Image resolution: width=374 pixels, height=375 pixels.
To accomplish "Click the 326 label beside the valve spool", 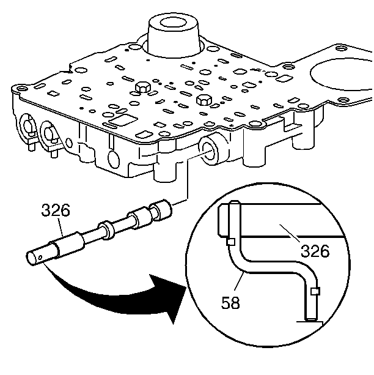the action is coord(56,210).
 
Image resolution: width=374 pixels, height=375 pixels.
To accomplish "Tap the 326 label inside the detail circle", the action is coord(315,251).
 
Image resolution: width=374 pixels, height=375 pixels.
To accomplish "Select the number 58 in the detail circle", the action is coord(230,302).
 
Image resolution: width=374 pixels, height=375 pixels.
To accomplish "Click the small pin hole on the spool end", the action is coord(40,258).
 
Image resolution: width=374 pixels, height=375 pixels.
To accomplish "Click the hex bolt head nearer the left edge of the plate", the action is coord(142,87).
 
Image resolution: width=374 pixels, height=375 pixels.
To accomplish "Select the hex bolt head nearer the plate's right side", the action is coord(204,100).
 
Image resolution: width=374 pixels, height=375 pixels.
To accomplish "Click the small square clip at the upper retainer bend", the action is coord(230,242).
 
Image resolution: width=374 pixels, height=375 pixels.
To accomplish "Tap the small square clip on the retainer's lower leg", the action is coord(315,291).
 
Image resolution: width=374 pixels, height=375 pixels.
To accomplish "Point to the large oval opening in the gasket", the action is coord(342,74).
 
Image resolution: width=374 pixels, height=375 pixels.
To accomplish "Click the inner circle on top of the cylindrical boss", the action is coord(173,23).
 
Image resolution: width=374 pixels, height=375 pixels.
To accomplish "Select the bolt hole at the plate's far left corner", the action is coord(21,88).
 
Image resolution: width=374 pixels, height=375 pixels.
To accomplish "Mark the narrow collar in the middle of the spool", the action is coord(106,229).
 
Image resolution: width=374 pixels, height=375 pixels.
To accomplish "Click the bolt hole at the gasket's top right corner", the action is coord(342,48).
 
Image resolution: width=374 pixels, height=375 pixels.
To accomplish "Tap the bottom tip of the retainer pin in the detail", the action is coord(310,319).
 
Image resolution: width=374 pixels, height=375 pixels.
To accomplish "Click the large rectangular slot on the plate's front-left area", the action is coord(123,120).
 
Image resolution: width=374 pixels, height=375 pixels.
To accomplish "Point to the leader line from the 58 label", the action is coord(239,281).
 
